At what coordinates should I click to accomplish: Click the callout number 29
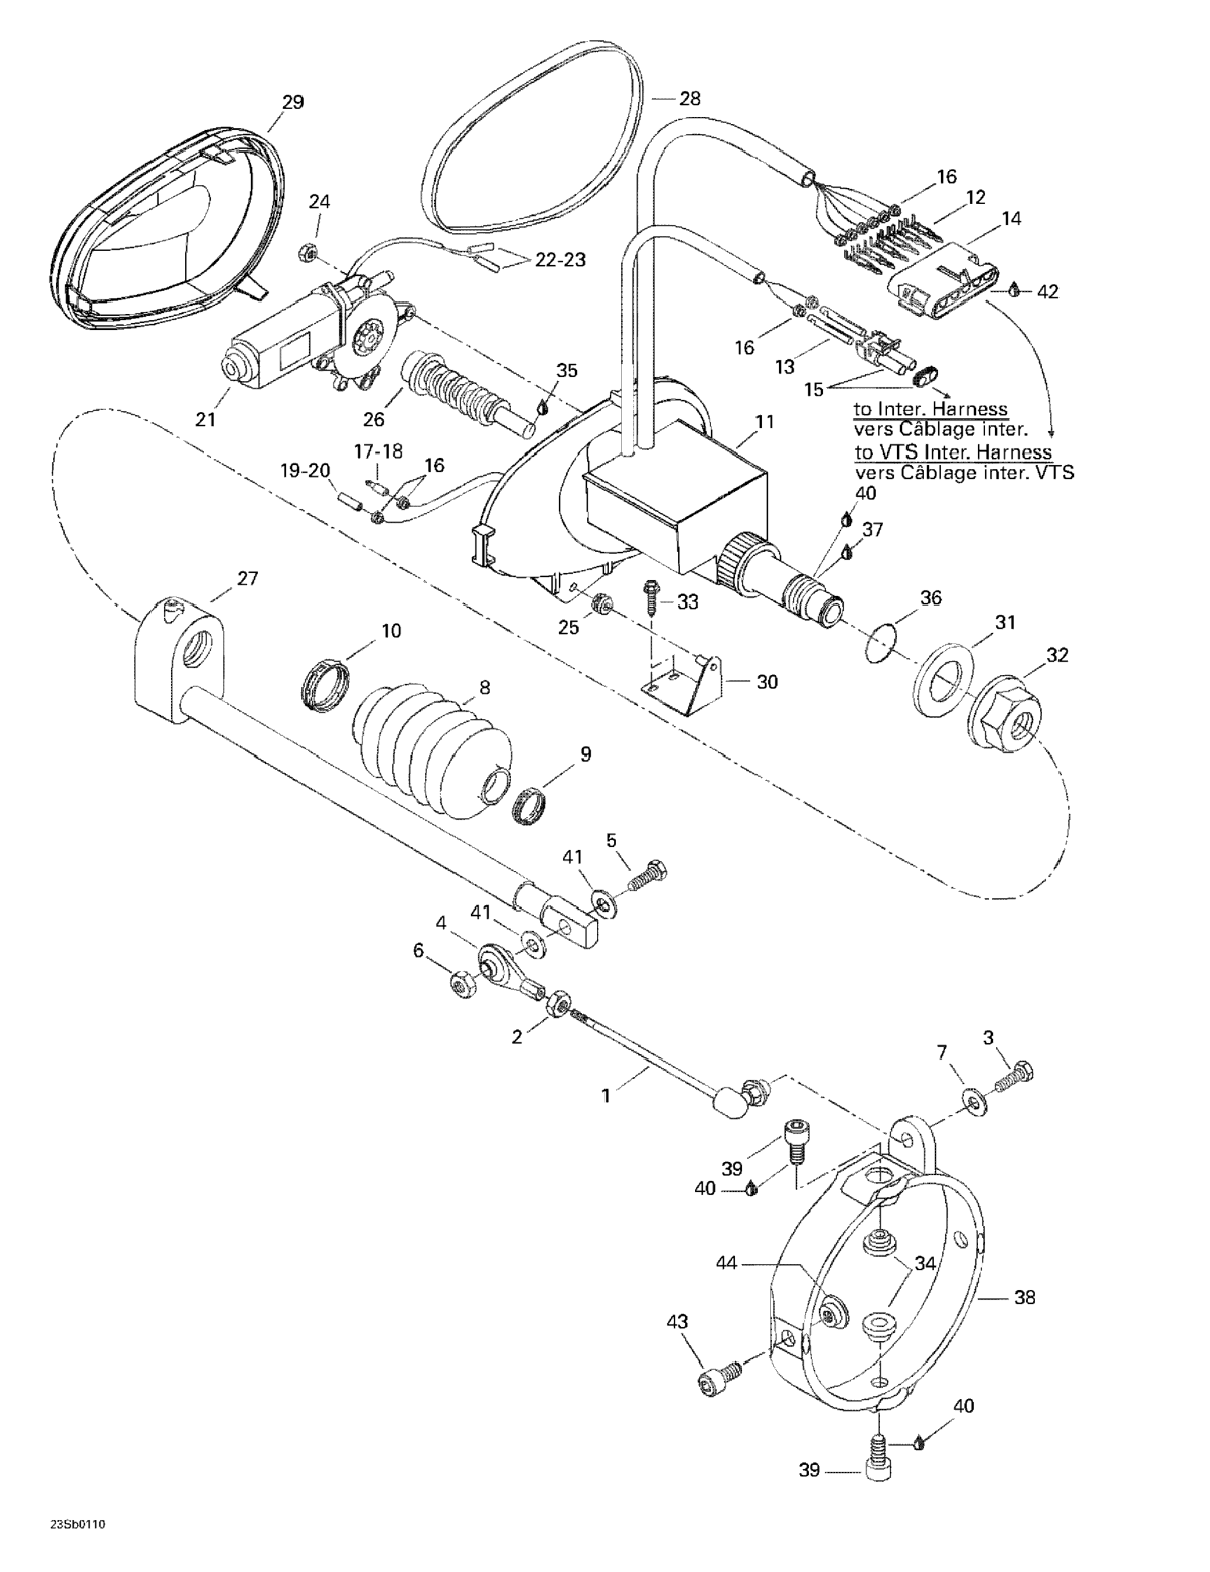(x=293, y=102)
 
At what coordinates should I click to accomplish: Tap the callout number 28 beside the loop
(x=690, y=99)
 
